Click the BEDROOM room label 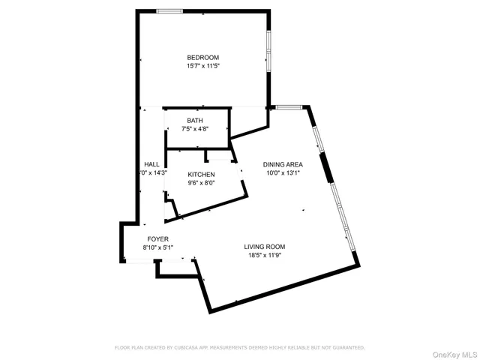coord(202,58)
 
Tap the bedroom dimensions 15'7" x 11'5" coord(202,66)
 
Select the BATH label coord(194,120)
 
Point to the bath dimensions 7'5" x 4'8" coord(194,128)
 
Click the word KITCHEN coord(201,174)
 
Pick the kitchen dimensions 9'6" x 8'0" coord(201,182)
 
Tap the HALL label coord(151,164)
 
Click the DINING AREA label coord(283,164)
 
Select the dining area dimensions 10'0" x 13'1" coord(283,172)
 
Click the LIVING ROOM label coord(264,247)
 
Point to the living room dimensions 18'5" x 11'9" coord(264,255)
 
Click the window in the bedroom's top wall coord(169,11)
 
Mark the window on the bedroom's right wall coord(268,51)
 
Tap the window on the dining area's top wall coord(288,107)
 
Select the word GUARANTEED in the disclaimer coord(347,347)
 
